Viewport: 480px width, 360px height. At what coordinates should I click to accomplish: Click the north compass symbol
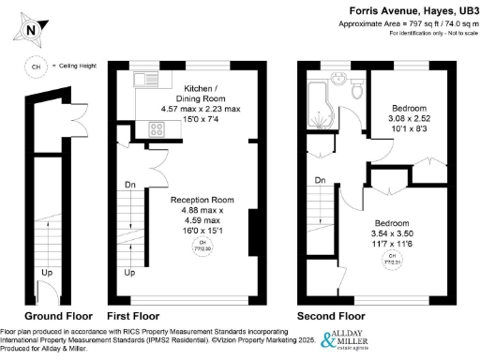[31, 29]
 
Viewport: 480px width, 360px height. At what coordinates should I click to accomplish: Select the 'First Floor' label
[133, 315]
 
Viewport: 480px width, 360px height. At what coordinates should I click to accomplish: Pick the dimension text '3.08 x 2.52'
[410, 120]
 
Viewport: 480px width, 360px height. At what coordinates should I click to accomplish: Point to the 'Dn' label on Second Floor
[320, 180]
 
